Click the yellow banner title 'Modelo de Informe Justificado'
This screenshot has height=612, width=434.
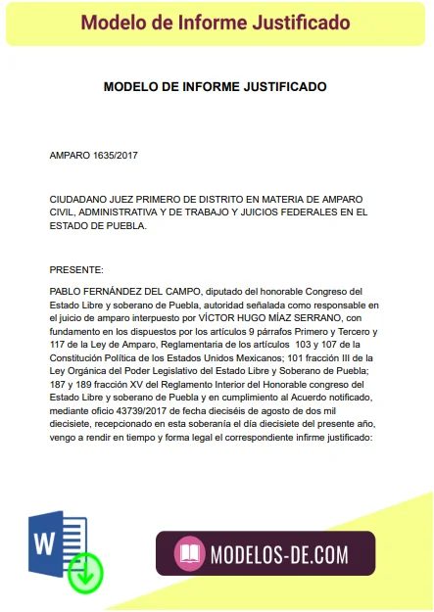215,22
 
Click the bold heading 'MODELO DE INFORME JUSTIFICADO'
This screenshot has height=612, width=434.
215,87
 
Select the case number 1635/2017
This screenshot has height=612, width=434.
116,156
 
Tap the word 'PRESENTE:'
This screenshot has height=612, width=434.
75,269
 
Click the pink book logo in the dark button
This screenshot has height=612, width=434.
189,554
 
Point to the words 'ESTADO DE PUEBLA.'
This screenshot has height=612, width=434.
98,225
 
